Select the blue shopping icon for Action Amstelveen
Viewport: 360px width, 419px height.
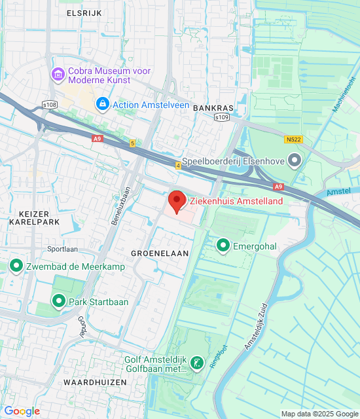[x=102, y=104]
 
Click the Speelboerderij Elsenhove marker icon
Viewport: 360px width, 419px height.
[x=295, y=159]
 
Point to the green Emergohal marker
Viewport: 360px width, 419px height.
[x=223, y=246]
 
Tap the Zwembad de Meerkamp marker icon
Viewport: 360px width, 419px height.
[x=16, y=266]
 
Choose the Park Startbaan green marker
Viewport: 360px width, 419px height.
[x=59, y=301]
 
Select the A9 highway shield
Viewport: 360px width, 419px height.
[x=98, y=138]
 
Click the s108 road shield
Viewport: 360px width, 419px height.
[x=49, y=104]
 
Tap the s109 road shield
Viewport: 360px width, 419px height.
[x=223, y=117]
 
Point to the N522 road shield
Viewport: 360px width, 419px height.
[x=293, y=139]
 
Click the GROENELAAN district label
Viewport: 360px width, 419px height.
[x=160, y=252]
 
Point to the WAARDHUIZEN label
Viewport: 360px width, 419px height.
[x=90, y=381]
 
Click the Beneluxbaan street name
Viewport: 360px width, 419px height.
[x=118, y=204]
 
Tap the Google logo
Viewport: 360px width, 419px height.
[x=22, y=410]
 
